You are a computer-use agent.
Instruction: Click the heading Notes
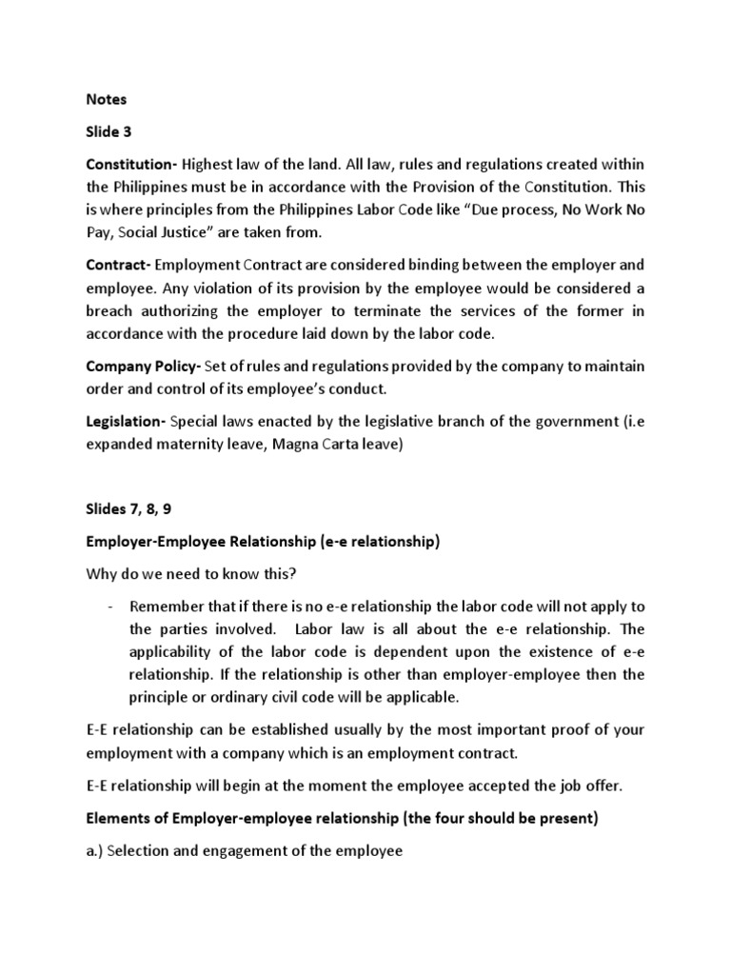(x=106, y=99)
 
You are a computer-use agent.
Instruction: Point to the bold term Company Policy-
(x=139, y=367)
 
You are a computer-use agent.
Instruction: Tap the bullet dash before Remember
(x=113, y=607)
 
